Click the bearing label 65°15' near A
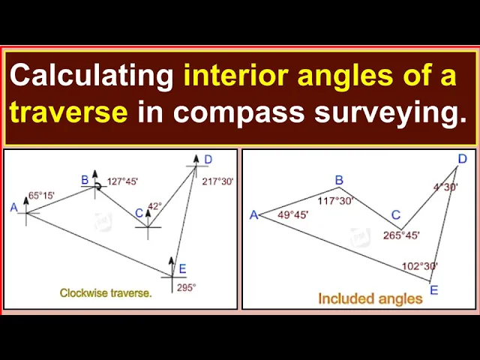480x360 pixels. tap(41, 195)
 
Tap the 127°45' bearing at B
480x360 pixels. tap(122, 181)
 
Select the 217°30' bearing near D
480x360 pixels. tap(217, 181)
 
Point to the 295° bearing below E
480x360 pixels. tap(187, 288)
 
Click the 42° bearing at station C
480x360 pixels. tap(154, 206)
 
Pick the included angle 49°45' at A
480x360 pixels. tap(293, 215)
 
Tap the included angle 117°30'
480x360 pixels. tap(336, 201)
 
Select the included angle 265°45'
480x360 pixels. tap(401, 235)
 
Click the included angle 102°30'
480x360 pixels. tap(420, 266)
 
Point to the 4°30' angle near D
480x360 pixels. tap(445, 187)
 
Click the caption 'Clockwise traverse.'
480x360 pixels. tap(106, 293)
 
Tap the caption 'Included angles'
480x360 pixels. tap(370, 298)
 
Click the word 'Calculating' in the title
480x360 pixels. tap(91, 76)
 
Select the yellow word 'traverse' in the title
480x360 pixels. tap(68, 112)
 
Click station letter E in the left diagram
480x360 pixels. tap(182, 268)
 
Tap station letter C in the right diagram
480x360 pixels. tap(396, 215)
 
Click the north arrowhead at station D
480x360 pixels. tap(196, 158)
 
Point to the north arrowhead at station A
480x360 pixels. tap(26, 200)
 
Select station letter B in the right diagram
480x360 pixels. tap(339, 180)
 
